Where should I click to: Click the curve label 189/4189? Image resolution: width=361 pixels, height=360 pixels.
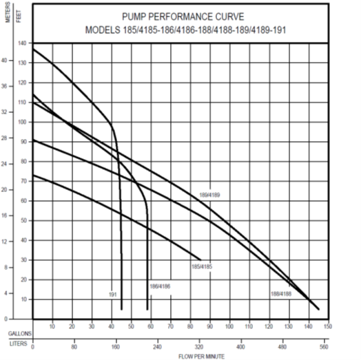pos(209,195)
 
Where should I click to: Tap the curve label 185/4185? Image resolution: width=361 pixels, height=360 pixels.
pos(201,265)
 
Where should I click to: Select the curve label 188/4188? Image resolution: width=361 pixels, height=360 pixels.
pos(281,294)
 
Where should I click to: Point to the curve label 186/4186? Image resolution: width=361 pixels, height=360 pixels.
pos(159,285)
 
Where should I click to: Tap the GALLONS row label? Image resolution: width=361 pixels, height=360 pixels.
pos(19,331)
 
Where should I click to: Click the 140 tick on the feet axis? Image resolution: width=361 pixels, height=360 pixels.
pos(22,43)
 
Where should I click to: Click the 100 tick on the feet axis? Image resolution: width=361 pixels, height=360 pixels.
pos(22,122)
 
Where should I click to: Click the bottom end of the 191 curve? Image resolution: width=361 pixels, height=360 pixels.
pos(121,309)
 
